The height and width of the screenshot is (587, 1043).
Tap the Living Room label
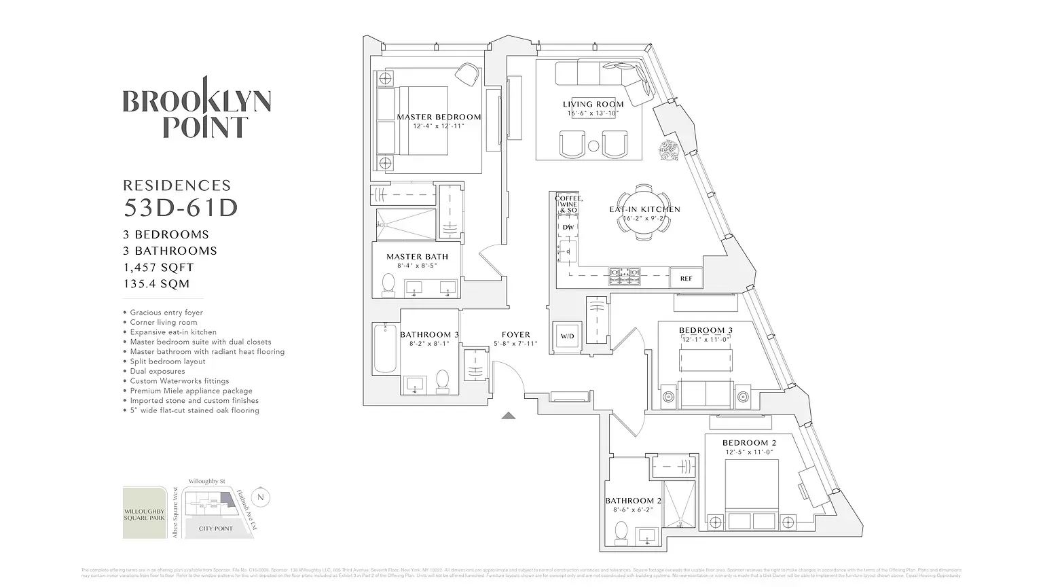[593, 105]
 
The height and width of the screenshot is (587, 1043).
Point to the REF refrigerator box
[686, 279]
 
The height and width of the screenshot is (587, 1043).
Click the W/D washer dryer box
[566, 336]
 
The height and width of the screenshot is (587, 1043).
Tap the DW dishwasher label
[568, 228]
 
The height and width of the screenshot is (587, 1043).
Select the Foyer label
[515, 334]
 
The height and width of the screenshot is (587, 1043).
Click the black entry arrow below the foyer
[509, 416]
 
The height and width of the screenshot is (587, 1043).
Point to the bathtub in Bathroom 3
[384, 349]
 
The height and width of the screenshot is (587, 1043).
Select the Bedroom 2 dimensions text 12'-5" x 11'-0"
[749, 452]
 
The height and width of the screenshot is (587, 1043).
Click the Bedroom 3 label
[706, 331]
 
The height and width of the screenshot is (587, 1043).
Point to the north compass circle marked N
[261, 497]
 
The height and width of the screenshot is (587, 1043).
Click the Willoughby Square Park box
[144, 513]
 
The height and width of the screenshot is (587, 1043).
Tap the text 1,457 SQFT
[158, 268]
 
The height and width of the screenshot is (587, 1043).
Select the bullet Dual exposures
[158, 372]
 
